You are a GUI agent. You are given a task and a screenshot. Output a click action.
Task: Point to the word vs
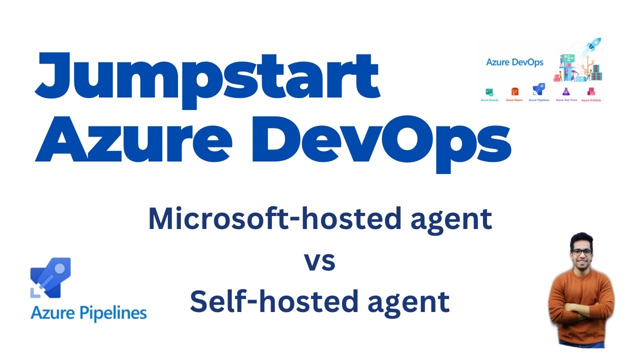pyautogui.click(x=319, y=261)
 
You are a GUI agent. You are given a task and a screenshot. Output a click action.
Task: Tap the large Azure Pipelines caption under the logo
pyautogui.click(x=88, y=313)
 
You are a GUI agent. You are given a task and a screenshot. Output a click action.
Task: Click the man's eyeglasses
pyautogui.click(x=581, y=252)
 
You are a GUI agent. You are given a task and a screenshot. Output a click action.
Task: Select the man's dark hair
pyautogui.click(x=581, y=239)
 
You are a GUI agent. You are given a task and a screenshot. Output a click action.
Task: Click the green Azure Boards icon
pyautogui.click(x=489, y=92)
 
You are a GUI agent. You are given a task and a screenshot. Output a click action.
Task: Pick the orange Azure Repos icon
pyautogui.click(x=514, y=92)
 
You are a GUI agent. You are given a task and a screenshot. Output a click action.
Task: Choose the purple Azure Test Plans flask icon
pyautogui.click(x=566, y=92)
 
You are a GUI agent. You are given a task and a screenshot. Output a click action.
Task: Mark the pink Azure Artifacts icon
pyautogui.click(x=591, y=92)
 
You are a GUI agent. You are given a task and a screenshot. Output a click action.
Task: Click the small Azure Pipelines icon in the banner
pyautogui.click(x=538, y=90)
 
